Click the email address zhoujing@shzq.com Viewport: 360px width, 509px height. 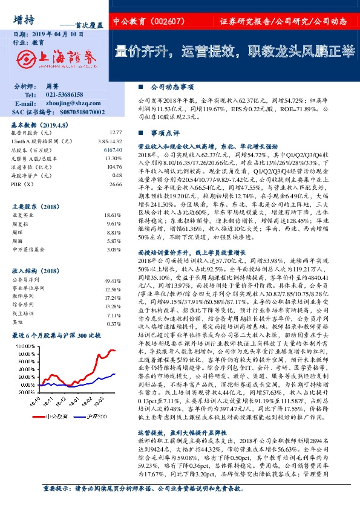70,103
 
